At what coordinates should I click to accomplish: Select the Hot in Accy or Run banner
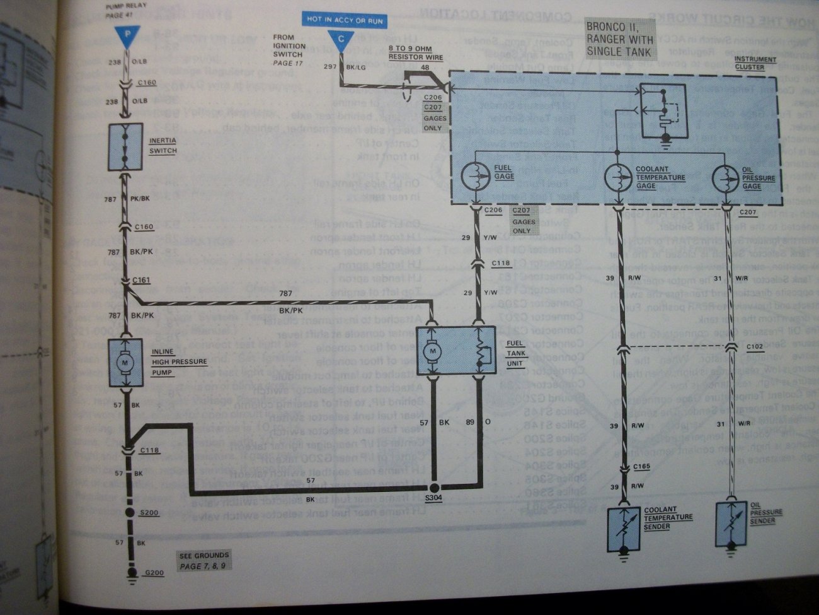click(345, 20)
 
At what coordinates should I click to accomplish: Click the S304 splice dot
click(434, 488)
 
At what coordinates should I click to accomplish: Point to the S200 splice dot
click(130, 513)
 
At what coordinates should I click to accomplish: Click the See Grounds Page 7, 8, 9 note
click(203, 560)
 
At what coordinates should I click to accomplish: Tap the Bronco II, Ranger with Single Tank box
click(621, 38)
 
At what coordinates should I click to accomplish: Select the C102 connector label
click(754, 347)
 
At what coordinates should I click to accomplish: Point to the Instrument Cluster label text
click(755, 63)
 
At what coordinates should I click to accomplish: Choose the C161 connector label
click(141, 279)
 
